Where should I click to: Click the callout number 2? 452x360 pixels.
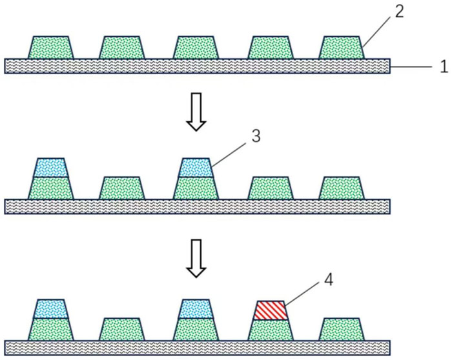click(x=399, y=12)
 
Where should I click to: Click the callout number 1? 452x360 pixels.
click(x=444, y=66)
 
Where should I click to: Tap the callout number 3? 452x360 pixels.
click(x=256, y=136)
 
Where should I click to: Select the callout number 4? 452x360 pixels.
click(x=329, y=279)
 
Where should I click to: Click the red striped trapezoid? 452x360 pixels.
click(x=271, y=310)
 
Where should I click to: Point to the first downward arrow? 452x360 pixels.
click(x=196, y=112)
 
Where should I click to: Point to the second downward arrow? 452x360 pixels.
click(x=196, y=258)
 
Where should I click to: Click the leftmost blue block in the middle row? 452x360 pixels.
click(x=51, y=167)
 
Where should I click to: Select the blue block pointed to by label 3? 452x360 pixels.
click(x=196, y=167)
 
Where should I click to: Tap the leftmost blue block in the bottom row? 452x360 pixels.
click(x=51, y=309)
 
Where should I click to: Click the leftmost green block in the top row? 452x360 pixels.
click(x=51, y=48)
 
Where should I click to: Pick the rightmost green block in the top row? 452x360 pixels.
click(x=342, y=48)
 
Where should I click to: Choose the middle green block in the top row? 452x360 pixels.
click(x=196, y=48)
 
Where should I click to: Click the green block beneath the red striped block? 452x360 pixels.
click(x=271, y=330)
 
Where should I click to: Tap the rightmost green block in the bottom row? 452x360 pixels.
click(x=342, y=330)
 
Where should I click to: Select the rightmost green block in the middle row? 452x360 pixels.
click(x=342, y=188)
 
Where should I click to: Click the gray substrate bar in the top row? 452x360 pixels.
click(x=198, y=66)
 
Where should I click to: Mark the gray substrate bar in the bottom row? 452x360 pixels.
click(x=198, y=348)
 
